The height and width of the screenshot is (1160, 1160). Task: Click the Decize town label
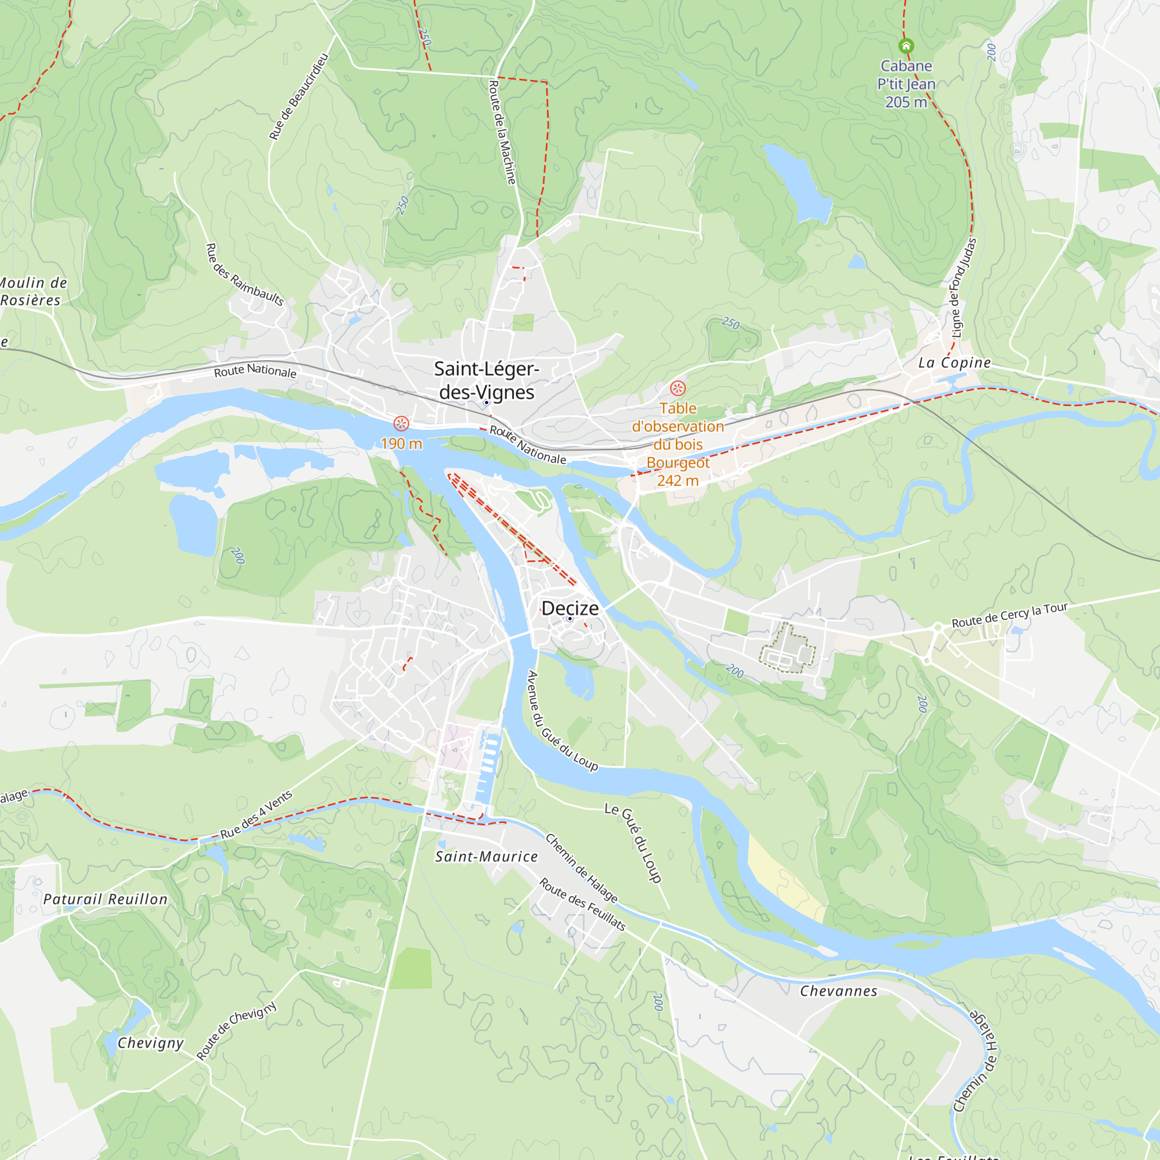pos(570,608)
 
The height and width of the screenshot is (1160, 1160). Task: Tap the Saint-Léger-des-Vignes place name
pos(487,380)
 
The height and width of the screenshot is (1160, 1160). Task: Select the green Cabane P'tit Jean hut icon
pos(906,46)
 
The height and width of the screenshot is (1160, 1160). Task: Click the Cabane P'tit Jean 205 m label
pos(906,84)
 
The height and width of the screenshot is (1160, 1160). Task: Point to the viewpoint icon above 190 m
pos(401,423)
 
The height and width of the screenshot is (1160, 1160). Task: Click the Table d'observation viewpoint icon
pos(678,388)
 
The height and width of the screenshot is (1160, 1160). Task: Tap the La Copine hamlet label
pos(954,362)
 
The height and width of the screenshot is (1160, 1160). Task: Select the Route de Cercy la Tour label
pos(1009,615)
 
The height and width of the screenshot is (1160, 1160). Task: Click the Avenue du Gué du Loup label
pos(562,720)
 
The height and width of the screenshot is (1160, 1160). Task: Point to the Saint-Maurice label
pos(487,857)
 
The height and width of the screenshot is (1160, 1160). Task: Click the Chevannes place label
pos(838,991)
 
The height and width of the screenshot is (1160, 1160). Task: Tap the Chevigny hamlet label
pos(150,1043)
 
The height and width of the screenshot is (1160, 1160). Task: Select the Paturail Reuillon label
pos(106,900)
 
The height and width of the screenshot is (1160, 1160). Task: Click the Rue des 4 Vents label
pos(256,815)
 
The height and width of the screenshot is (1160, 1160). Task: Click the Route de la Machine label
pos(502,132)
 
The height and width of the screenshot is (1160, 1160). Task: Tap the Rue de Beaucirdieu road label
pos(298,97)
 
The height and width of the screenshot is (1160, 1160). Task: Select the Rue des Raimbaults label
pos(244,274)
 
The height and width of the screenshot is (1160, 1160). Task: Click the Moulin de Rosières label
pos(33,291)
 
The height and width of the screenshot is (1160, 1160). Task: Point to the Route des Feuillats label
pos(582,904)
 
